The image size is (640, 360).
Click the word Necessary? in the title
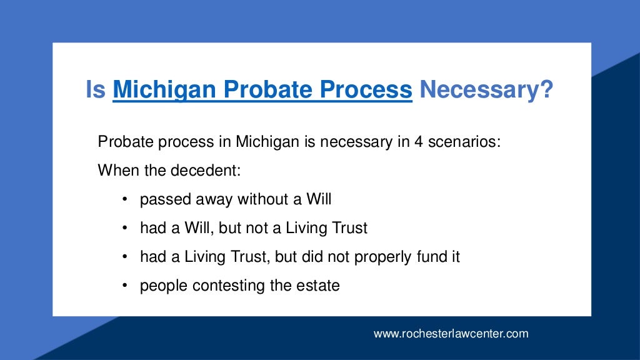tap(486, 91)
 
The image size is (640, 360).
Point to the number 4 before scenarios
tap(418, 142)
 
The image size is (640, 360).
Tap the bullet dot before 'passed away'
tap(125, 200)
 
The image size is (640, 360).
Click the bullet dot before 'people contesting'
tap(125, 286)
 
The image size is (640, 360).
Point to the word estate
tap(319, 286)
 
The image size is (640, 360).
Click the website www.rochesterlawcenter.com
tap(451, 334)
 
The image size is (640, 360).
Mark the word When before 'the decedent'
tap(114, 171)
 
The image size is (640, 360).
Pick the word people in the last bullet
tap(164, 286)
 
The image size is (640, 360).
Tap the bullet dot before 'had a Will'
tap(125, 229)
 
